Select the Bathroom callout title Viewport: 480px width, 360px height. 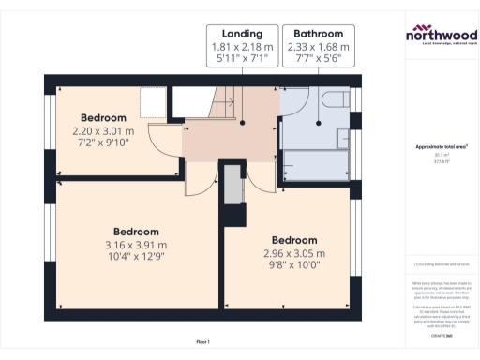coord(313,32)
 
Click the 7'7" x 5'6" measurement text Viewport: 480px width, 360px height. coord(313,59)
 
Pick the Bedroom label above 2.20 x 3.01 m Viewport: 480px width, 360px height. coord(103,118)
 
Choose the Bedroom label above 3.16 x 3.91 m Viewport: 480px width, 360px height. coord(136,232)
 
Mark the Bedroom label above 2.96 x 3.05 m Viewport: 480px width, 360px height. coord(293,240)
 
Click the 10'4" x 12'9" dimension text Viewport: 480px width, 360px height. coord(136,258)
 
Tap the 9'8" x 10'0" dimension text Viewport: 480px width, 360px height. coord(293,266)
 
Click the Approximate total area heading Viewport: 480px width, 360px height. coord(440,147)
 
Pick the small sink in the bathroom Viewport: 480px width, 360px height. coord(291,101)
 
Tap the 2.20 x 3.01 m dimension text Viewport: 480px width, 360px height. coord(103,131)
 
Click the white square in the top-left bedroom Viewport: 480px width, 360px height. coord(152,100)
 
